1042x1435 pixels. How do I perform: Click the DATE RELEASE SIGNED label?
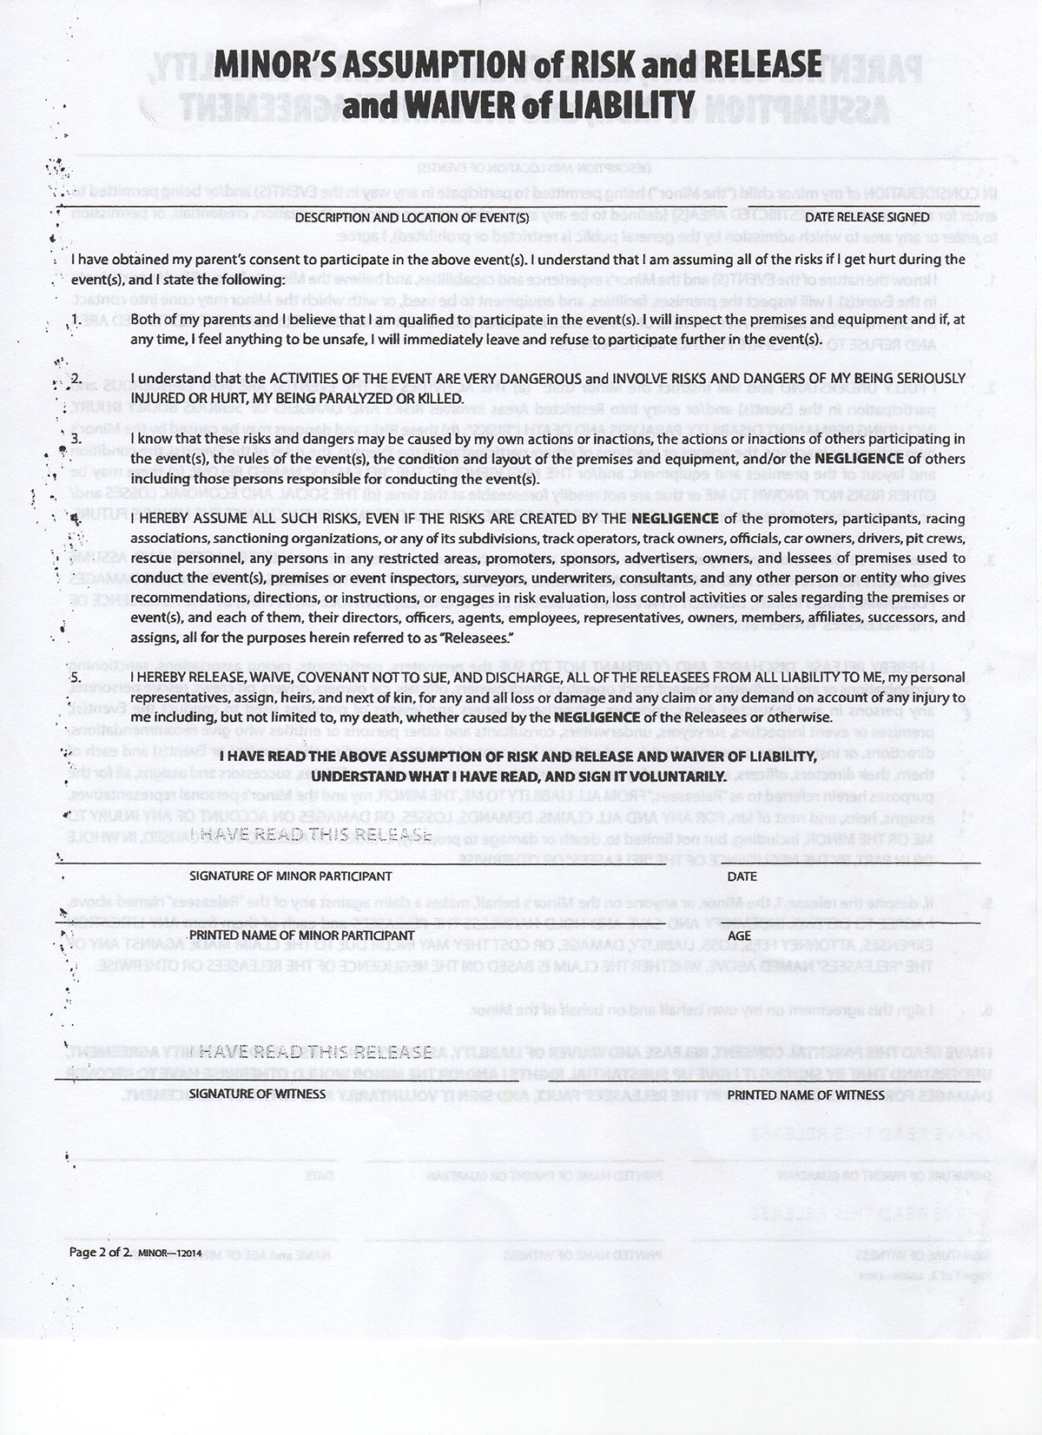(867, 217)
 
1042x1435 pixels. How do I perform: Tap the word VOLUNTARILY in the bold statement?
(668, 775)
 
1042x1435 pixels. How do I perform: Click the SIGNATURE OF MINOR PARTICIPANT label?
(290, 876)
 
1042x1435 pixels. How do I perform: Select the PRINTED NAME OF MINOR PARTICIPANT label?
(301, 936)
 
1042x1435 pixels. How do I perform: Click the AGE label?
(739, 936)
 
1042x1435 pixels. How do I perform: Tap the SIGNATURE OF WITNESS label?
(257, 1094)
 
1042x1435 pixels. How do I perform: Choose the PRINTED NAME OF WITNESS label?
(806, 1095)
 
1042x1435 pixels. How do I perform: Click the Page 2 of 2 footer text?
(99, 1253)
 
